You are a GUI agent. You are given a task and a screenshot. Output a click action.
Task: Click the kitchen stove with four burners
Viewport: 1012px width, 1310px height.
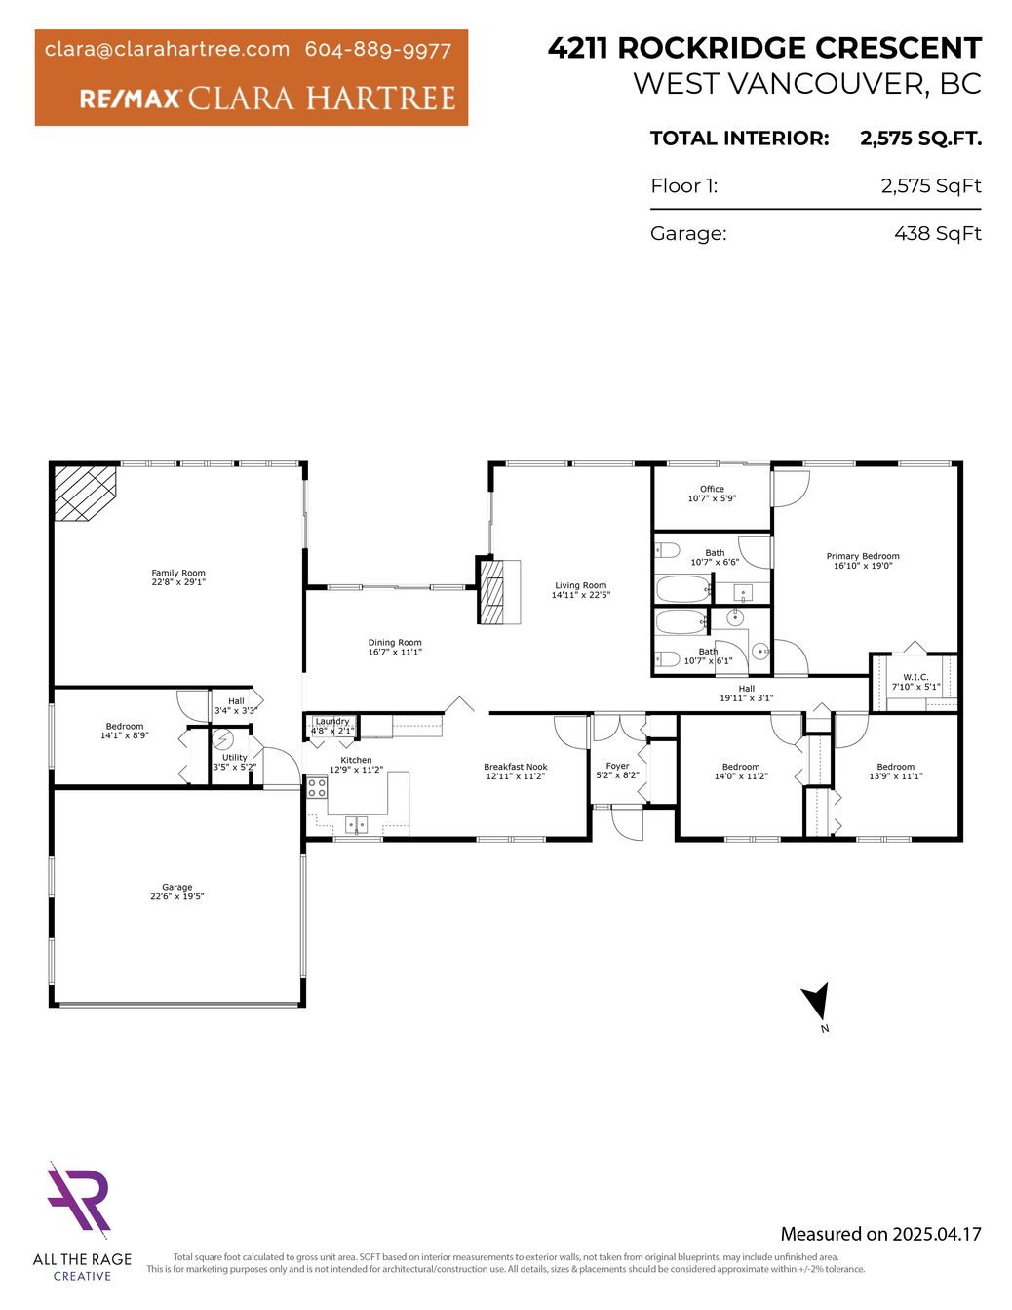click(318, 787)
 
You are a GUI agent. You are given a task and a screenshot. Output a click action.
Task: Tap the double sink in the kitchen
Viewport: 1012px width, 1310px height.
click(357, 824)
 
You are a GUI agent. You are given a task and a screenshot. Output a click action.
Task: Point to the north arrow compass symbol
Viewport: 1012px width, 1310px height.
click(817, 1002)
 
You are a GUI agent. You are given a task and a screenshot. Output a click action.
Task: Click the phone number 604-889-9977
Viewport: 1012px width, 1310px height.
click(378, 50)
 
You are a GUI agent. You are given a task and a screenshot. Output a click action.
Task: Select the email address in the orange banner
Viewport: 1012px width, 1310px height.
click(168, 50)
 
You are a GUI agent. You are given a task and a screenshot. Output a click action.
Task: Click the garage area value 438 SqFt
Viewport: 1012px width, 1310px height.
click(938, 233)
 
